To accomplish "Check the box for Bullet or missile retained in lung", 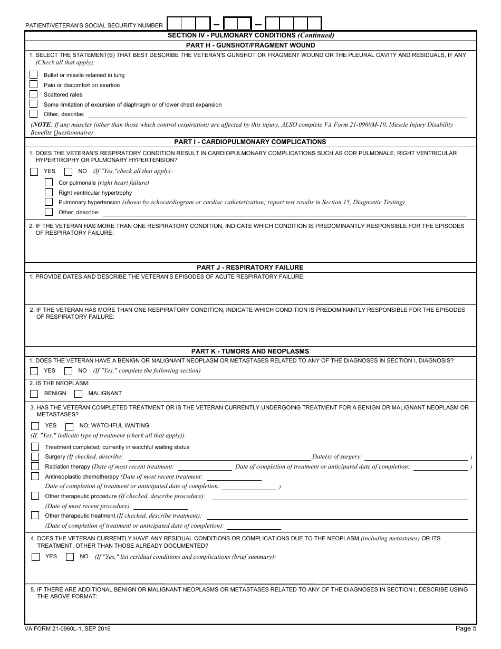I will pyautogui.click(x=34, y=75).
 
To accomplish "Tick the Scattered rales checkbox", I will pyautogui.click(x=34, y=94).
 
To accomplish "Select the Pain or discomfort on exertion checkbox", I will pyautogui.click(x=34, y=84).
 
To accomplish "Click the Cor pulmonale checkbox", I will pyautogui.click(x=49, y=183).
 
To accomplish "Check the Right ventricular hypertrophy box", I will pyautogui.click(x=49, y=193).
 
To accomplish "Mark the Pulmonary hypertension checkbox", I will pyautogui.click(x=49, y=202).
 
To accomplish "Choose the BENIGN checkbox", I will pyautogui.click(x=34, y=393).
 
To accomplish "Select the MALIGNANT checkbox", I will pyautogui.click(x=79, y=393).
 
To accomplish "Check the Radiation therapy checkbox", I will pyautogui.click(x=35, y=466).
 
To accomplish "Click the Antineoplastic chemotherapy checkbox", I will pyautogui.click(x=35, y=476).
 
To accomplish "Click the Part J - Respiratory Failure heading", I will pyautogui.click(x=250, y=268).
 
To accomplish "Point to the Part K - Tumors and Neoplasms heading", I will pyautogui.click(x=250, y=351).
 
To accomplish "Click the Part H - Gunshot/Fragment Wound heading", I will pyautogui.click(x=250, y=45).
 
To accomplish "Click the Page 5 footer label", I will pyautogui.click(x=466, y=628).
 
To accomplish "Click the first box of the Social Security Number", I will pyautogui.click(x=174, y=24).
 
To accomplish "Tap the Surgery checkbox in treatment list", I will pyautogui.click(x=35, y=456).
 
